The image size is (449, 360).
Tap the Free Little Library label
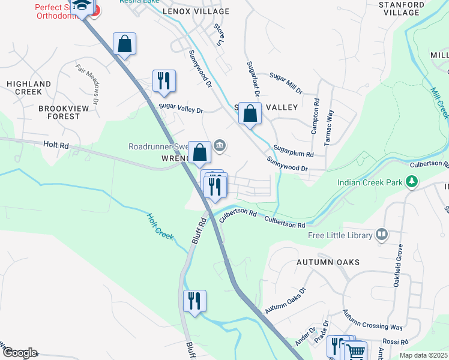pyautogui.click(x=340, y=235)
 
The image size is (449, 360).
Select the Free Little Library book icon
pyautogui.click(x=381, y=235)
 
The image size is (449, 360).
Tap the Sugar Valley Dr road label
pyautogui.click(x=181, y=110)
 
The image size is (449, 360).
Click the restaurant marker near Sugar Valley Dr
pyautogui.click(x=164, y=81)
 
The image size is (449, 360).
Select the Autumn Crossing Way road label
pyautogui.click(x=372, y=320)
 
